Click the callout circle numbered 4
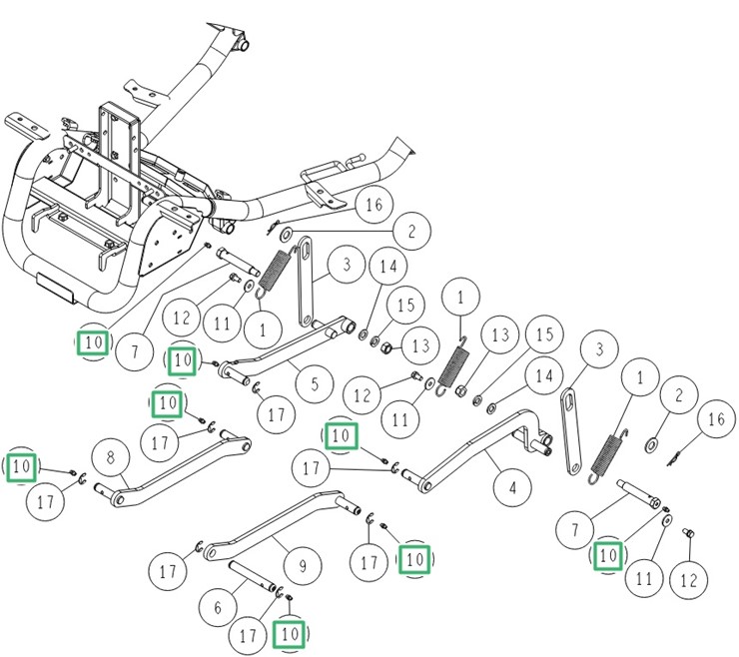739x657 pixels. click(512, 488)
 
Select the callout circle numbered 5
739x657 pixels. click(315, 383)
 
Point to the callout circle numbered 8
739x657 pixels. click(111, 459)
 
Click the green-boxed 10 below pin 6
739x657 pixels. click(291, 633)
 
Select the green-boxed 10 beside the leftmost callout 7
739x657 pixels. click(92, 342)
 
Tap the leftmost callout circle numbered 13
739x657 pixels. click(420, 344)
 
